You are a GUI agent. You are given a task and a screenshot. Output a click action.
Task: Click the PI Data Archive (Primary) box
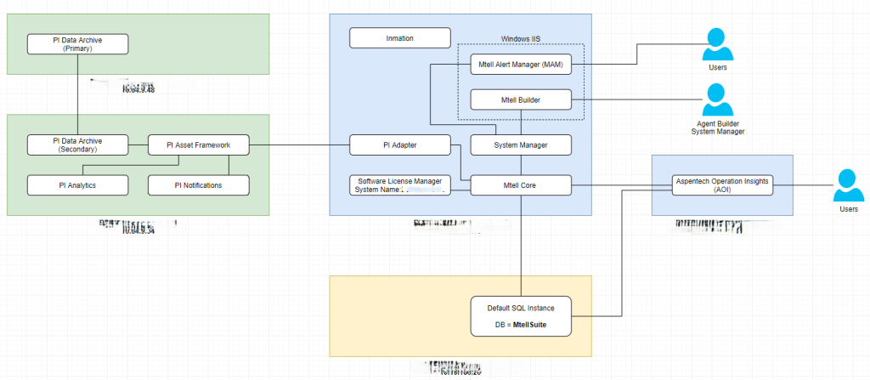(77, 44)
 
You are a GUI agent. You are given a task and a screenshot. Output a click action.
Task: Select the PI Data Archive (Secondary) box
(77, 145)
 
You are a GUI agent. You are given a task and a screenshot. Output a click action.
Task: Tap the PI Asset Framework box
(200, 145)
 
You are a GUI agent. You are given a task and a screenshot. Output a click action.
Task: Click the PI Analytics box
(77, 184)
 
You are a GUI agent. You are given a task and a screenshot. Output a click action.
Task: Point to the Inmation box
(399, 37)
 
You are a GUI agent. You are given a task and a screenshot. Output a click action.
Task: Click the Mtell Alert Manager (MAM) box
(521, 64)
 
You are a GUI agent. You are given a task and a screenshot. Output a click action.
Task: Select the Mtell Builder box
(521, 99)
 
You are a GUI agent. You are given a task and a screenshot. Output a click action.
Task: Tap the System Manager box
(521, 145)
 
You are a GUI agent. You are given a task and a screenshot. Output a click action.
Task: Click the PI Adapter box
(399, 145)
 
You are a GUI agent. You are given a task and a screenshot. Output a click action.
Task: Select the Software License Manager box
(399, 184)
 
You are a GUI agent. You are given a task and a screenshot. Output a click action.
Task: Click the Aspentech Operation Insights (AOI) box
(722, 184)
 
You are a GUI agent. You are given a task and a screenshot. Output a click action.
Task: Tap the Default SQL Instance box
(521, 315)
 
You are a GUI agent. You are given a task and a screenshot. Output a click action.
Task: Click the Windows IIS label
(522, 38)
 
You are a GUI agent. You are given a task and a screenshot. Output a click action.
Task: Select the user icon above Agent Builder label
(719, 99)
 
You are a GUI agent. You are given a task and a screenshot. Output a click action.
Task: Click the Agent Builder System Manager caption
(719, 127)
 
